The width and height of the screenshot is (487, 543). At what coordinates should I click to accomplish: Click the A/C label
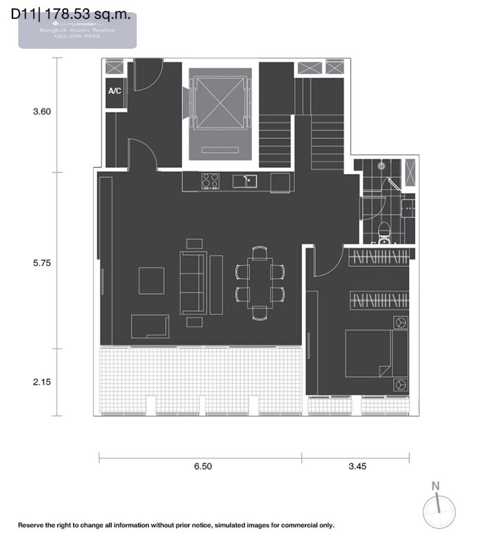(115, 91)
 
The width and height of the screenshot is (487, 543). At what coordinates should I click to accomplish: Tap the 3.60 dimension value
(42, 112)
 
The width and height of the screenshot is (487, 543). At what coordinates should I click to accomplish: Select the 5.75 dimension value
(42, 263)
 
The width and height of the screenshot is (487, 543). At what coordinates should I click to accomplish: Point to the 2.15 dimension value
(42, 382)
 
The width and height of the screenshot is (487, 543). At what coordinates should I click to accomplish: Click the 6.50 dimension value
(203, 466)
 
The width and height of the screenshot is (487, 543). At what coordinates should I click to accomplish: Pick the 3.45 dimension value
(358, 466)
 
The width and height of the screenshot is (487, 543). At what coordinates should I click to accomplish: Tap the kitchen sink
(245, 182)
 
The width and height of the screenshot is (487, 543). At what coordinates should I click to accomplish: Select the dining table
(260, 283)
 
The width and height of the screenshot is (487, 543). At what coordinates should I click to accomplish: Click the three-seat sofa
(193, 283)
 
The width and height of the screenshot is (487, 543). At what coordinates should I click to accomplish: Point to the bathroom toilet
(384, 234)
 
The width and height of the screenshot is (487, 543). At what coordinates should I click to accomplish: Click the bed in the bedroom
(376, 353)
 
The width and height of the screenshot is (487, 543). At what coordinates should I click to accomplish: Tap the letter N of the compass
(435, 486)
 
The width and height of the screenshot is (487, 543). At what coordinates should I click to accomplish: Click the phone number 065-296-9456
(78, 36)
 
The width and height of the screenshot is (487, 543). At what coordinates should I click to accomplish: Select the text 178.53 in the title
(67, 14)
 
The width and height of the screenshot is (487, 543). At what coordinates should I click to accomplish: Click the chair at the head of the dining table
(260, 253)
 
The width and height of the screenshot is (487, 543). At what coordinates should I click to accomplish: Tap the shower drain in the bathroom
(381, 166)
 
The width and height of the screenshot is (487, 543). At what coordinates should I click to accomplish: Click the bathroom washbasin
(408, 208)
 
